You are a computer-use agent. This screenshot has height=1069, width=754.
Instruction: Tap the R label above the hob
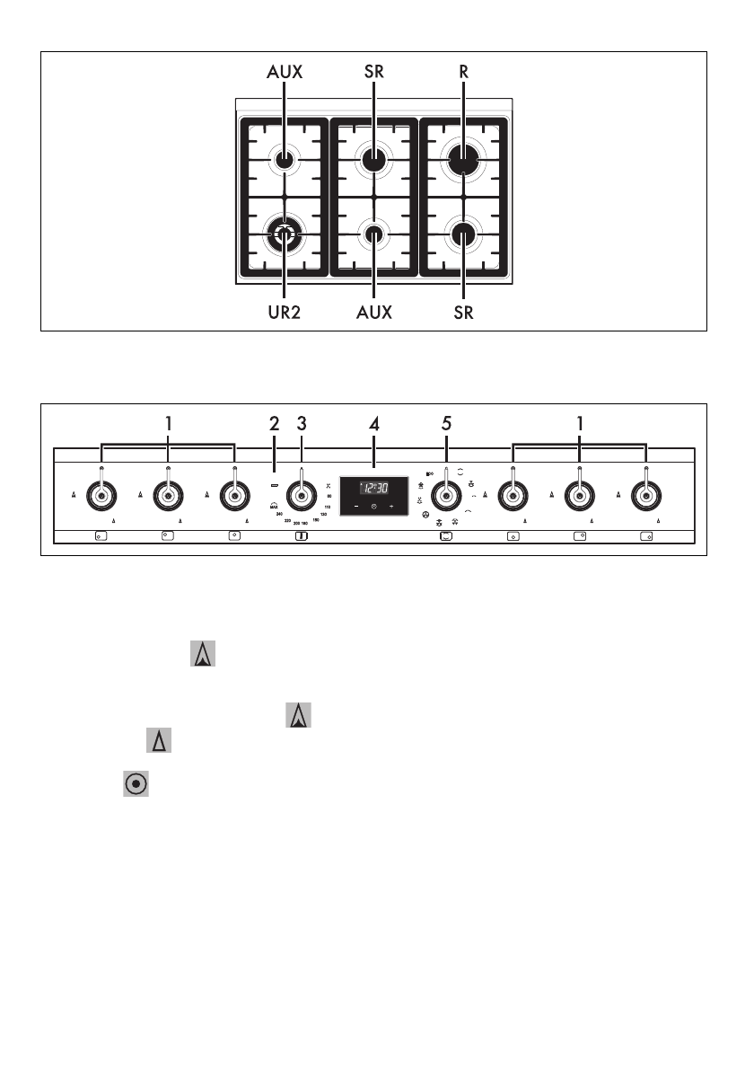(463, 73)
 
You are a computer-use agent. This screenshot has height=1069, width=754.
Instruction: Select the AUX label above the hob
(284, 73)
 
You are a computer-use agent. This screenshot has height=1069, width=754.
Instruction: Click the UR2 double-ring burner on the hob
(284, 235)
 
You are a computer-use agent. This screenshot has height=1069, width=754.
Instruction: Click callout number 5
(446, 422)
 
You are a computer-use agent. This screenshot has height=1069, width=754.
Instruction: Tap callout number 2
(275, 422)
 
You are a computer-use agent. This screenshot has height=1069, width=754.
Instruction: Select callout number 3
(302, 422)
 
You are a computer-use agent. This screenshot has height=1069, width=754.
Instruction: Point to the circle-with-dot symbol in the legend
(136, 783)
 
